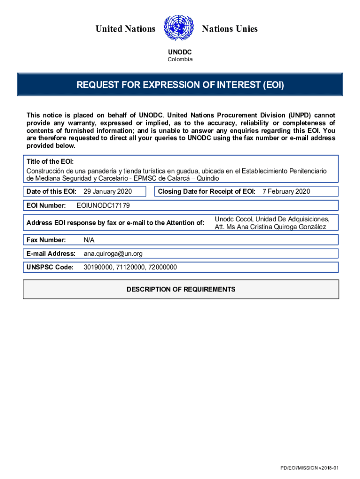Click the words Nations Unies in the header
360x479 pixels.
(230, 29)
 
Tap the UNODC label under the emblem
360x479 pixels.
(180, 52)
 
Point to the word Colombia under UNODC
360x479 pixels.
(180, 59)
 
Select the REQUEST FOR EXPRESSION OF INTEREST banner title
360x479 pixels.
(180, 85)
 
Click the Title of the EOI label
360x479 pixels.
(50, 161)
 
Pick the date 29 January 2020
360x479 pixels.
(108, 191)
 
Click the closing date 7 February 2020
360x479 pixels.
(286, 191)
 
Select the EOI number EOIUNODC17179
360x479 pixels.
(103, 205)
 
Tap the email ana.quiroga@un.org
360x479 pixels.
(113, 254)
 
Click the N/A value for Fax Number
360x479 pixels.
(89, 240)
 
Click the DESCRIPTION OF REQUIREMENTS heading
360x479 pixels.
(181, 290)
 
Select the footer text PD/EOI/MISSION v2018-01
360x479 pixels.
(309, 468)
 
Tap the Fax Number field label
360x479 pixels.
(46, 240)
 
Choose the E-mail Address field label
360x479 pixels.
(51, 254)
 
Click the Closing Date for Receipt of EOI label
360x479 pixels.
(207, 191)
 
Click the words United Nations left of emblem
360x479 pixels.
(125, 29)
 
